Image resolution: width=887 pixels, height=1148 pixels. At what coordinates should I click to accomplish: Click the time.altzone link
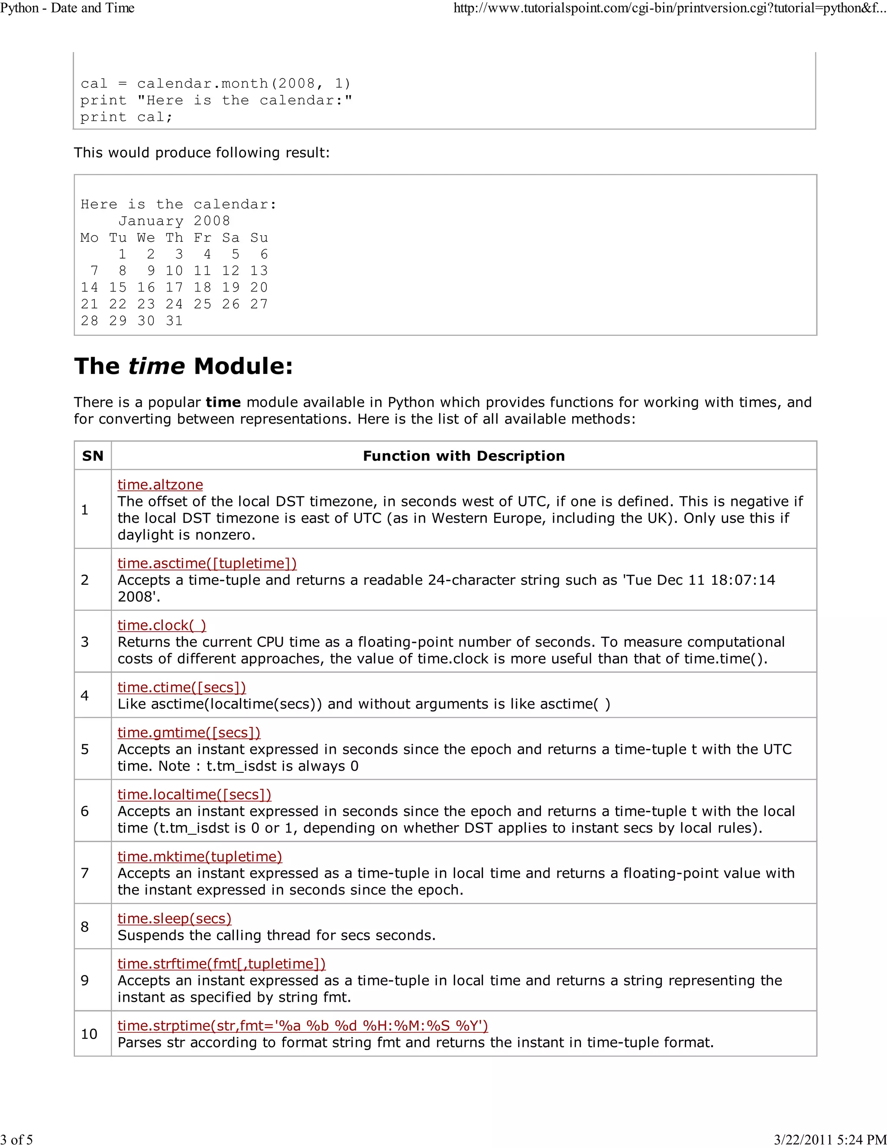(x=160, y=485)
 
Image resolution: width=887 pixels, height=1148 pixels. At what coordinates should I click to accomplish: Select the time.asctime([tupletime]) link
(x=207, y=563)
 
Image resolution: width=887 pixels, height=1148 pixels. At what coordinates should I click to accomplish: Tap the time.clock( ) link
(x=162, y=625)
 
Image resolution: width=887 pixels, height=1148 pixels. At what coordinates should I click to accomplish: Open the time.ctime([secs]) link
(x=181, y=687)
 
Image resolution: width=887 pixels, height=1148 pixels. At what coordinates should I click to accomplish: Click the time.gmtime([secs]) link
(x=189, y=732)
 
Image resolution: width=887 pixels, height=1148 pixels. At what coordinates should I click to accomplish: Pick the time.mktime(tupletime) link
(x=200, y=856)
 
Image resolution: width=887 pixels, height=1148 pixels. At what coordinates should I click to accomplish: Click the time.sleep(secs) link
(x=175, y=918)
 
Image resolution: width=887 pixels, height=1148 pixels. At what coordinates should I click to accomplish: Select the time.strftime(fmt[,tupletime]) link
(x=221, y=963)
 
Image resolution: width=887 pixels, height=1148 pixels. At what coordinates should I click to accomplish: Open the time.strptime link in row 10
(x=303, y=1025)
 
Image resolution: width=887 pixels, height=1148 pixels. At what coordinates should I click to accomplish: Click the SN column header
(x=93, y=456)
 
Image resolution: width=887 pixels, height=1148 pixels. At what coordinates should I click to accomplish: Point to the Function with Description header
(x=463, y=456)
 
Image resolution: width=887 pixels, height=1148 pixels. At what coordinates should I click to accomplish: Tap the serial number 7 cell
(x=84, y=873)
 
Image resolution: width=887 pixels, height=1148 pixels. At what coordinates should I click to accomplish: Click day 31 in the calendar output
(x=174, y=321)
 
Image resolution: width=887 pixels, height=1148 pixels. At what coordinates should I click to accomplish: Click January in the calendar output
(x=151, y=221)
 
